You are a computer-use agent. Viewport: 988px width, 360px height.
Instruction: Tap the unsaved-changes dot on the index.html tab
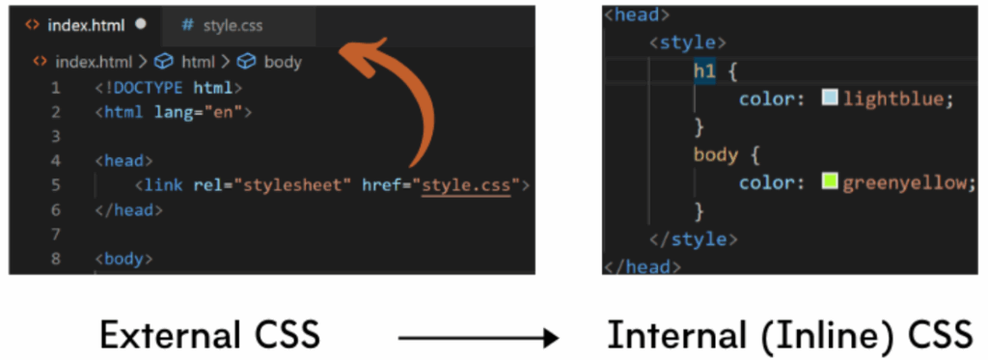click(x=141, y=23)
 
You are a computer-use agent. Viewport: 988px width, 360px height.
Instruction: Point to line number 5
click(x=55, y=184)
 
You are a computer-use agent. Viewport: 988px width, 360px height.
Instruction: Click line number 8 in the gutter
click(x=55, y=259)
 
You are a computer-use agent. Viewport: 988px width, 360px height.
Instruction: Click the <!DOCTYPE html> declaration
click(x=168, y=88)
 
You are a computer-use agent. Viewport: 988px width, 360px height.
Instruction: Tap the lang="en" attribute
click(x=202, y=112)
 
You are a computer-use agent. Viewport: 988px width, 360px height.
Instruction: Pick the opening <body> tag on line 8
click(x=124, y=259)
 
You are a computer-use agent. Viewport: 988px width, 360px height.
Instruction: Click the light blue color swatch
click(x=830, y=98)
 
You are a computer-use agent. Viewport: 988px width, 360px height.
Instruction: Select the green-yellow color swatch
click(x=830, y=180)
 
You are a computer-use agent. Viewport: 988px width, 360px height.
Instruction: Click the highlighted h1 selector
click(x=703, y=71)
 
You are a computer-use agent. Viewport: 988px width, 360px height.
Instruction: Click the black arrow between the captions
click(x=479, y=337)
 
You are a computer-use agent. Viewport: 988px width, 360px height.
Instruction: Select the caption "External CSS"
click(x=209, y=335)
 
